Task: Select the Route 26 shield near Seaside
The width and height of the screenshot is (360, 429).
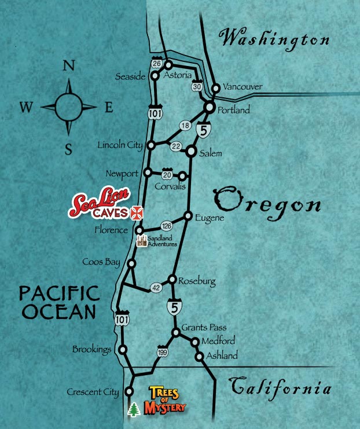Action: (157, 63)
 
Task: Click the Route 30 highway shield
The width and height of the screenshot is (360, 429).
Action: (197, 86)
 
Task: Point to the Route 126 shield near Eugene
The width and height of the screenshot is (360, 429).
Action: (166, 226)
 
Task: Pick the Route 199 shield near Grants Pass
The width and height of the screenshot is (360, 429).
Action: (162, 351)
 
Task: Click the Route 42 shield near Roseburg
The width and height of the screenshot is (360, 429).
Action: (155, 287)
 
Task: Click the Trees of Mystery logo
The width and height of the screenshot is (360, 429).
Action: (168, 399)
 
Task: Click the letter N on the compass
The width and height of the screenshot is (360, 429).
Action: (68, 66)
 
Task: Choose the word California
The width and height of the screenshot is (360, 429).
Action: (281, 387)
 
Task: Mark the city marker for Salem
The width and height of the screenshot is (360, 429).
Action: (191, 152)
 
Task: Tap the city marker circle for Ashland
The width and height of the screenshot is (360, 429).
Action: (200, 357)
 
